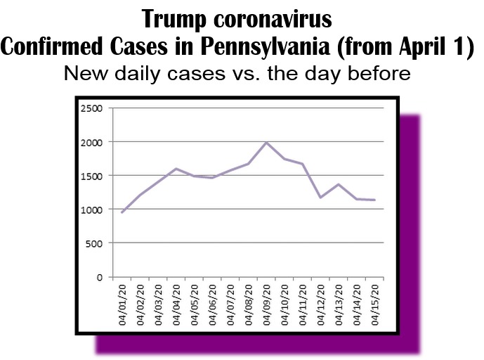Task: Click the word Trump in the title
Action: tap(178, 18)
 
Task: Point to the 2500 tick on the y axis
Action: tap(92, 108)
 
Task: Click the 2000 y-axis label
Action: tap(92, 142)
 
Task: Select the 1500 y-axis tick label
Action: tap(92, 176)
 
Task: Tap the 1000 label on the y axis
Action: tap(92, 210)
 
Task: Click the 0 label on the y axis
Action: tap(100, 277)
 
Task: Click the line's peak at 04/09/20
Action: tap(266, 143)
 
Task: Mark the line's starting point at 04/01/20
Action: tap(122, 212)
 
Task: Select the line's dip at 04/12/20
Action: tap(320, 198)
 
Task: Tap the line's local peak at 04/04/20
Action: tap(176, 169)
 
